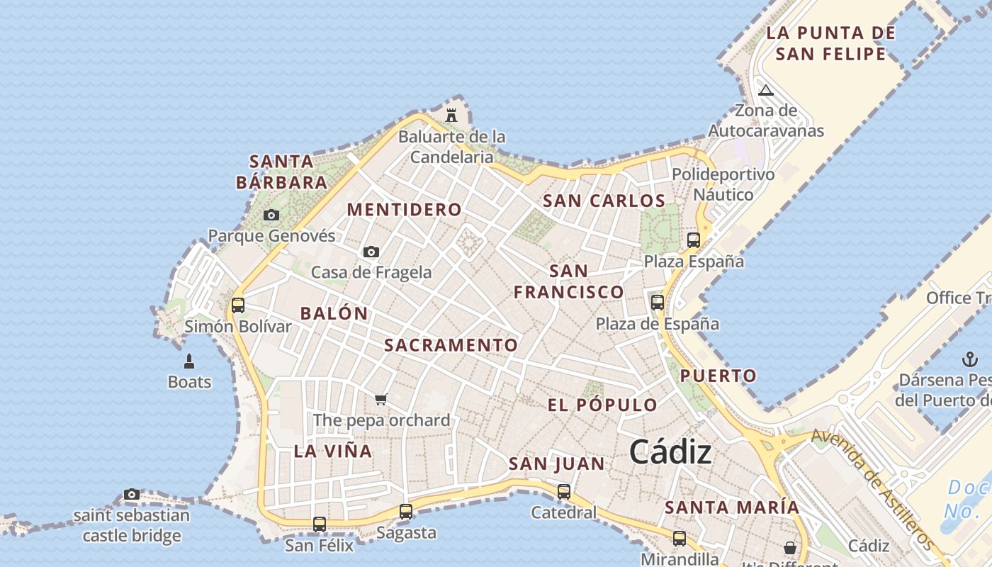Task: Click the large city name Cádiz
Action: tap(670, 451)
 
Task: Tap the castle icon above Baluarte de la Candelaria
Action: tap(451, 114)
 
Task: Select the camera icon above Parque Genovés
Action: tap(271, 215)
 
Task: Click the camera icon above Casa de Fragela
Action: tap(371, 252)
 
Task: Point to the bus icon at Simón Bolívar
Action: tap(238, 305)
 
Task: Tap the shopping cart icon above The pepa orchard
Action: tap(381, 399)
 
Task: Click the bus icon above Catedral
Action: tap(564, 491)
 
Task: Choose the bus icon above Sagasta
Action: tap(406, 511)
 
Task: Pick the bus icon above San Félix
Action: tap(320, 524)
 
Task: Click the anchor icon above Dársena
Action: tap(969, 359)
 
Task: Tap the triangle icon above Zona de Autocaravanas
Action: tap(765, 90)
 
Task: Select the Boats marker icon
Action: tap(189, 361)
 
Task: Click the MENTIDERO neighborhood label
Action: tap(405, 210)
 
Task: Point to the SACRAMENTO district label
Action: tap(451, 345)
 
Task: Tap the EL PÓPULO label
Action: tap(602, 405)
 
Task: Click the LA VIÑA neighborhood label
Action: tap(333, 451)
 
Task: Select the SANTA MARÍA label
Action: tap(732, 507)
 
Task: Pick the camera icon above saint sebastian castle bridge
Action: tap(132, 494)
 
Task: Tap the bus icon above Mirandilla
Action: tap(680, 538)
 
